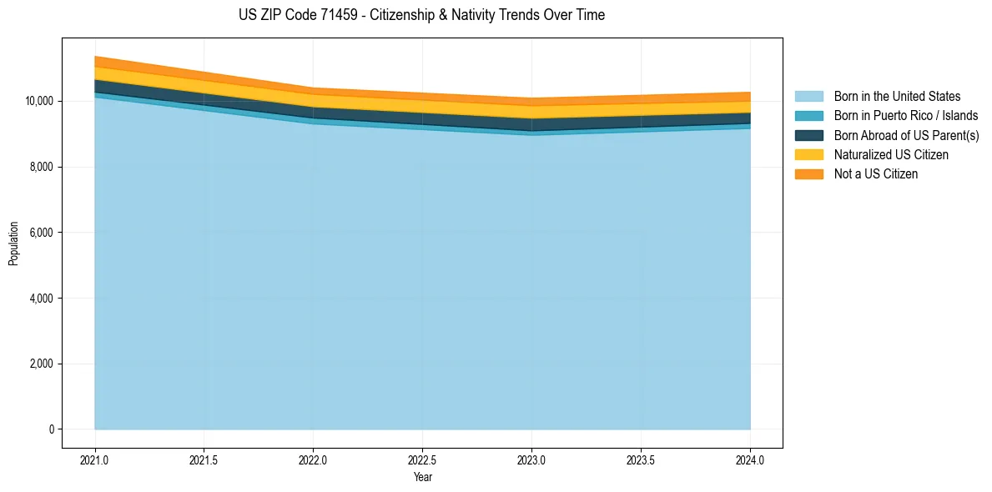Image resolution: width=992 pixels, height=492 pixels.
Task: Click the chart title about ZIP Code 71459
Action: click(421, 15)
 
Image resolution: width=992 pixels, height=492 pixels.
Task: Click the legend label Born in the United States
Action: click(897, 97)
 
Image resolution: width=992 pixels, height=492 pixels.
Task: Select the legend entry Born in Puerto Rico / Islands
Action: click(906, 116)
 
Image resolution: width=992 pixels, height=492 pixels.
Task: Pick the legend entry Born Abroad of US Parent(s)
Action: click(906, 135)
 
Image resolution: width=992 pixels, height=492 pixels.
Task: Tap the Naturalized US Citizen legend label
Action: click(891, 154)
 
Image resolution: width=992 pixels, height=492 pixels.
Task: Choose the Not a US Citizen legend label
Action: click(876, 173)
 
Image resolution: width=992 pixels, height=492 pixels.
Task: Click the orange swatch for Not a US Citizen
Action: click(808, 173)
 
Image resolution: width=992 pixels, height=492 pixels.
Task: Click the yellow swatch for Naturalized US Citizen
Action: click(808, 154)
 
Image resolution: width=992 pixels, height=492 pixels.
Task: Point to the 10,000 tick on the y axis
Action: click(38, 102)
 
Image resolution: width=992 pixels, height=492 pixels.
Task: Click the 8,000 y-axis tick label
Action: click(41, 168)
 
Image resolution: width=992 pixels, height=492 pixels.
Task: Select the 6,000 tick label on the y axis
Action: click(41, 233)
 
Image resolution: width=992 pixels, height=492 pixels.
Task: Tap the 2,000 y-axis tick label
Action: click(41, 364)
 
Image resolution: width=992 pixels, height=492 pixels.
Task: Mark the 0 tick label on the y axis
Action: click(51, 429)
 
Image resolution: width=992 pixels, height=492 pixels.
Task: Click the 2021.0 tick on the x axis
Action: click(95, 459)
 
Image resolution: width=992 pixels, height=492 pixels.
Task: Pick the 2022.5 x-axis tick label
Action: click(422, 459)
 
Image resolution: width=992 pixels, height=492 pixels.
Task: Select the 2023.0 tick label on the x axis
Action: click(531, 459)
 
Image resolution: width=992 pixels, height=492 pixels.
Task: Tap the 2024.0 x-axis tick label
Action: click(750, 459)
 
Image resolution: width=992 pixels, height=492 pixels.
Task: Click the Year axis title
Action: click(422, 477)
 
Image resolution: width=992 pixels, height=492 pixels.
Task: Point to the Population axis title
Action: click(13, 243)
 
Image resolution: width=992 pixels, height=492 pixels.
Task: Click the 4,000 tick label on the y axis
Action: click(41, 299)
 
